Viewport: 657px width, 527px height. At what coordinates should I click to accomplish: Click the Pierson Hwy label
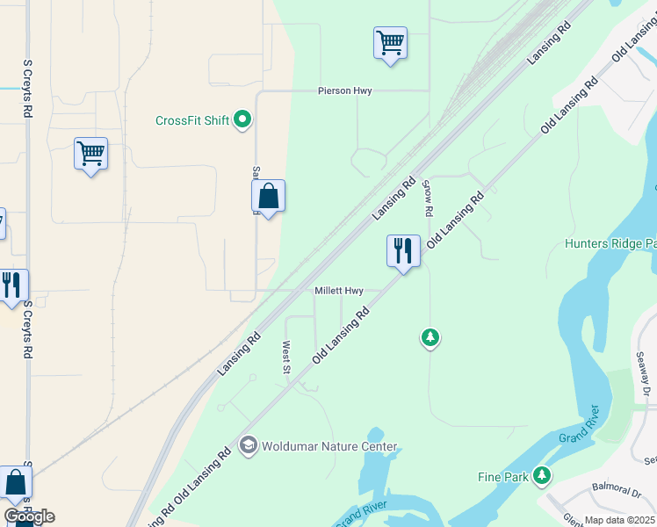tap(345, 91)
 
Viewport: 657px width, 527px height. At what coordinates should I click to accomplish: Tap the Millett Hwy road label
tap(339, 291)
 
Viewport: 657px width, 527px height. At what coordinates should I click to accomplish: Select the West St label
tap(286, 357)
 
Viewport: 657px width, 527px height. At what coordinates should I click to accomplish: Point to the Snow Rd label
tap(428, 199)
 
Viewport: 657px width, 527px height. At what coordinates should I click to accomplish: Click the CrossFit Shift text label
tap(192, 120)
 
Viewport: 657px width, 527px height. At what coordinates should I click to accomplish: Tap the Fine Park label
tap(503, 477)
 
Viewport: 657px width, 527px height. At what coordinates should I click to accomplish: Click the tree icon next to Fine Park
tap(543, 476)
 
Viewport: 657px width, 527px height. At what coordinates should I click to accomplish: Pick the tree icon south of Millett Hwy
tap(430, 337)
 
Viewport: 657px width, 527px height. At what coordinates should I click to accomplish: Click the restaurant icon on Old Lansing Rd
tap(404, 250)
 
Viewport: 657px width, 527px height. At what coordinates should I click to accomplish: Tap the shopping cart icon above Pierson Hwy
tap(390, 42)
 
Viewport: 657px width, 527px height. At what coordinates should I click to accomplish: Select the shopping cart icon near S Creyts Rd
tap(90, 154)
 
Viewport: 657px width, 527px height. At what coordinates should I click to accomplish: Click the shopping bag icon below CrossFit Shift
tap(269, 197)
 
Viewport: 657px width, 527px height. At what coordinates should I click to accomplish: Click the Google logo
tap(29, 516)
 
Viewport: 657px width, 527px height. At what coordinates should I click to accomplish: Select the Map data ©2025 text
tap(620, 520)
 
